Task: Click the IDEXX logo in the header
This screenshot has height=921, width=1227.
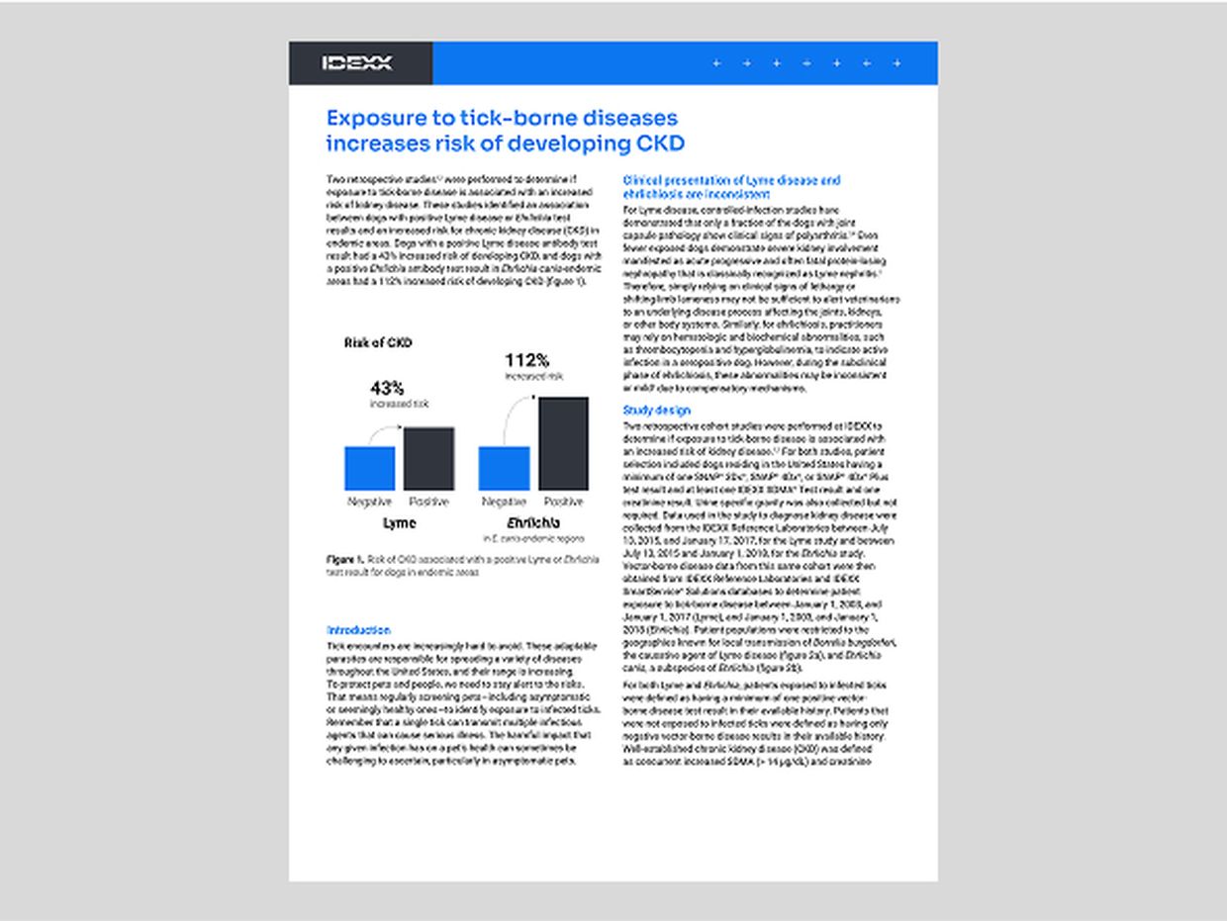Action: (357, 63)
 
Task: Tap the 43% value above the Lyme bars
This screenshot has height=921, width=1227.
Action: (387, 388)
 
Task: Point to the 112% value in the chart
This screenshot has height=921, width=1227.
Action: (526, 360)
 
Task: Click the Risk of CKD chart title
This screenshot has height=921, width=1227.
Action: (378, 343)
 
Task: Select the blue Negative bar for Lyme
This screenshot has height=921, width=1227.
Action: (369, 468)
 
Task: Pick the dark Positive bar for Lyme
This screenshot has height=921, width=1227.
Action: (429, 458)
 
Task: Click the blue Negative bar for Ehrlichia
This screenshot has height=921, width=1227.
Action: (504, 468)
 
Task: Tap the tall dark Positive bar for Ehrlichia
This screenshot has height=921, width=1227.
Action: (563, 443)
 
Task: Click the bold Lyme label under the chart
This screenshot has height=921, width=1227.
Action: (399, 522)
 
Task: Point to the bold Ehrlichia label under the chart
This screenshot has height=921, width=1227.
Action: (532, 522)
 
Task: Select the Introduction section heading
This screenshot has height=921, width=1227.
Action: (358, 630)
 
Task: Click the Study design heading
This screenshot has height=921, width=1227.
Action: (656, 411)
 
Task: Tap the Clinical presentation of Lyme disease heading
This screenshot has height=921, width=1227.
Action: (731, 181)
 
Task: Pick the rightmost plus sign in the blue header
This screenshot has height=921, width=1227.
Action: (897, 63)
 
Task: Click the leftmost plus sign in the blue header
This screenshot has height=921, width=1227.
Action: (716, 63)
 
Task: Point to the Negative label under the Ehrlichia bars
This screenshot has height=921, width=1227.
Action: (504, 502)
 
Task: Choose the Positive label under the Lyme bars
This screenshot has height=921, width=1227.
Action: (429, 502)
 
